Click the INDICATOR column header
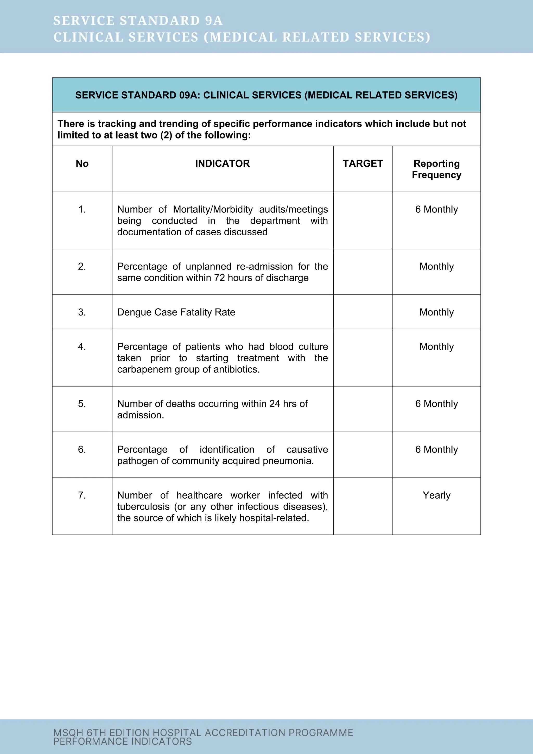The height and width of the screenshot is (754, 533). [222, 164]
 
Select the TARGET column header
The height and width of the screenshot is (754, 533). [363, 164]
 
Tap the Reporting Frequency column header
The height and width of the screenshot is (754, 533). [436, 169]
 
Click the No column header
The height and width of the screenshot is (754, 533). [82, 164]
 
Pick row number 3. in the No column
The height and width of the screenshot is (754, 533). [82, 312]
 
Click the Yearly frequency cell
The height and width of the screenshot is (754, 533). [436, 495]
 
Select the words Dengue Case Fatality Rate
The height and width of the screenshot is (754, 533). [176, 312]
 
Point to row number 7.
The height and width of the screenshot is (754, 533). [82, 495]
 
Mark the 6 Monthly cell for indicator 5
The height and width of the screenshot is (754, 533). [436, 404]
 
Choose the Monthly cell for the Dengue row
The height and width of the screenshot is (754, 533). [436, 312]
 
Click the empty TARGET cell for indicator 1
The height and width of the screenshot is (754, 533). [363, 220]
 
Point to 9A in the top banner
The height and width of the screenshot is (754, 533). [214, 21]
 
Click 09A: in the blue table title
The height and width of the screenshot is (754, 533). [190, 95]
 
